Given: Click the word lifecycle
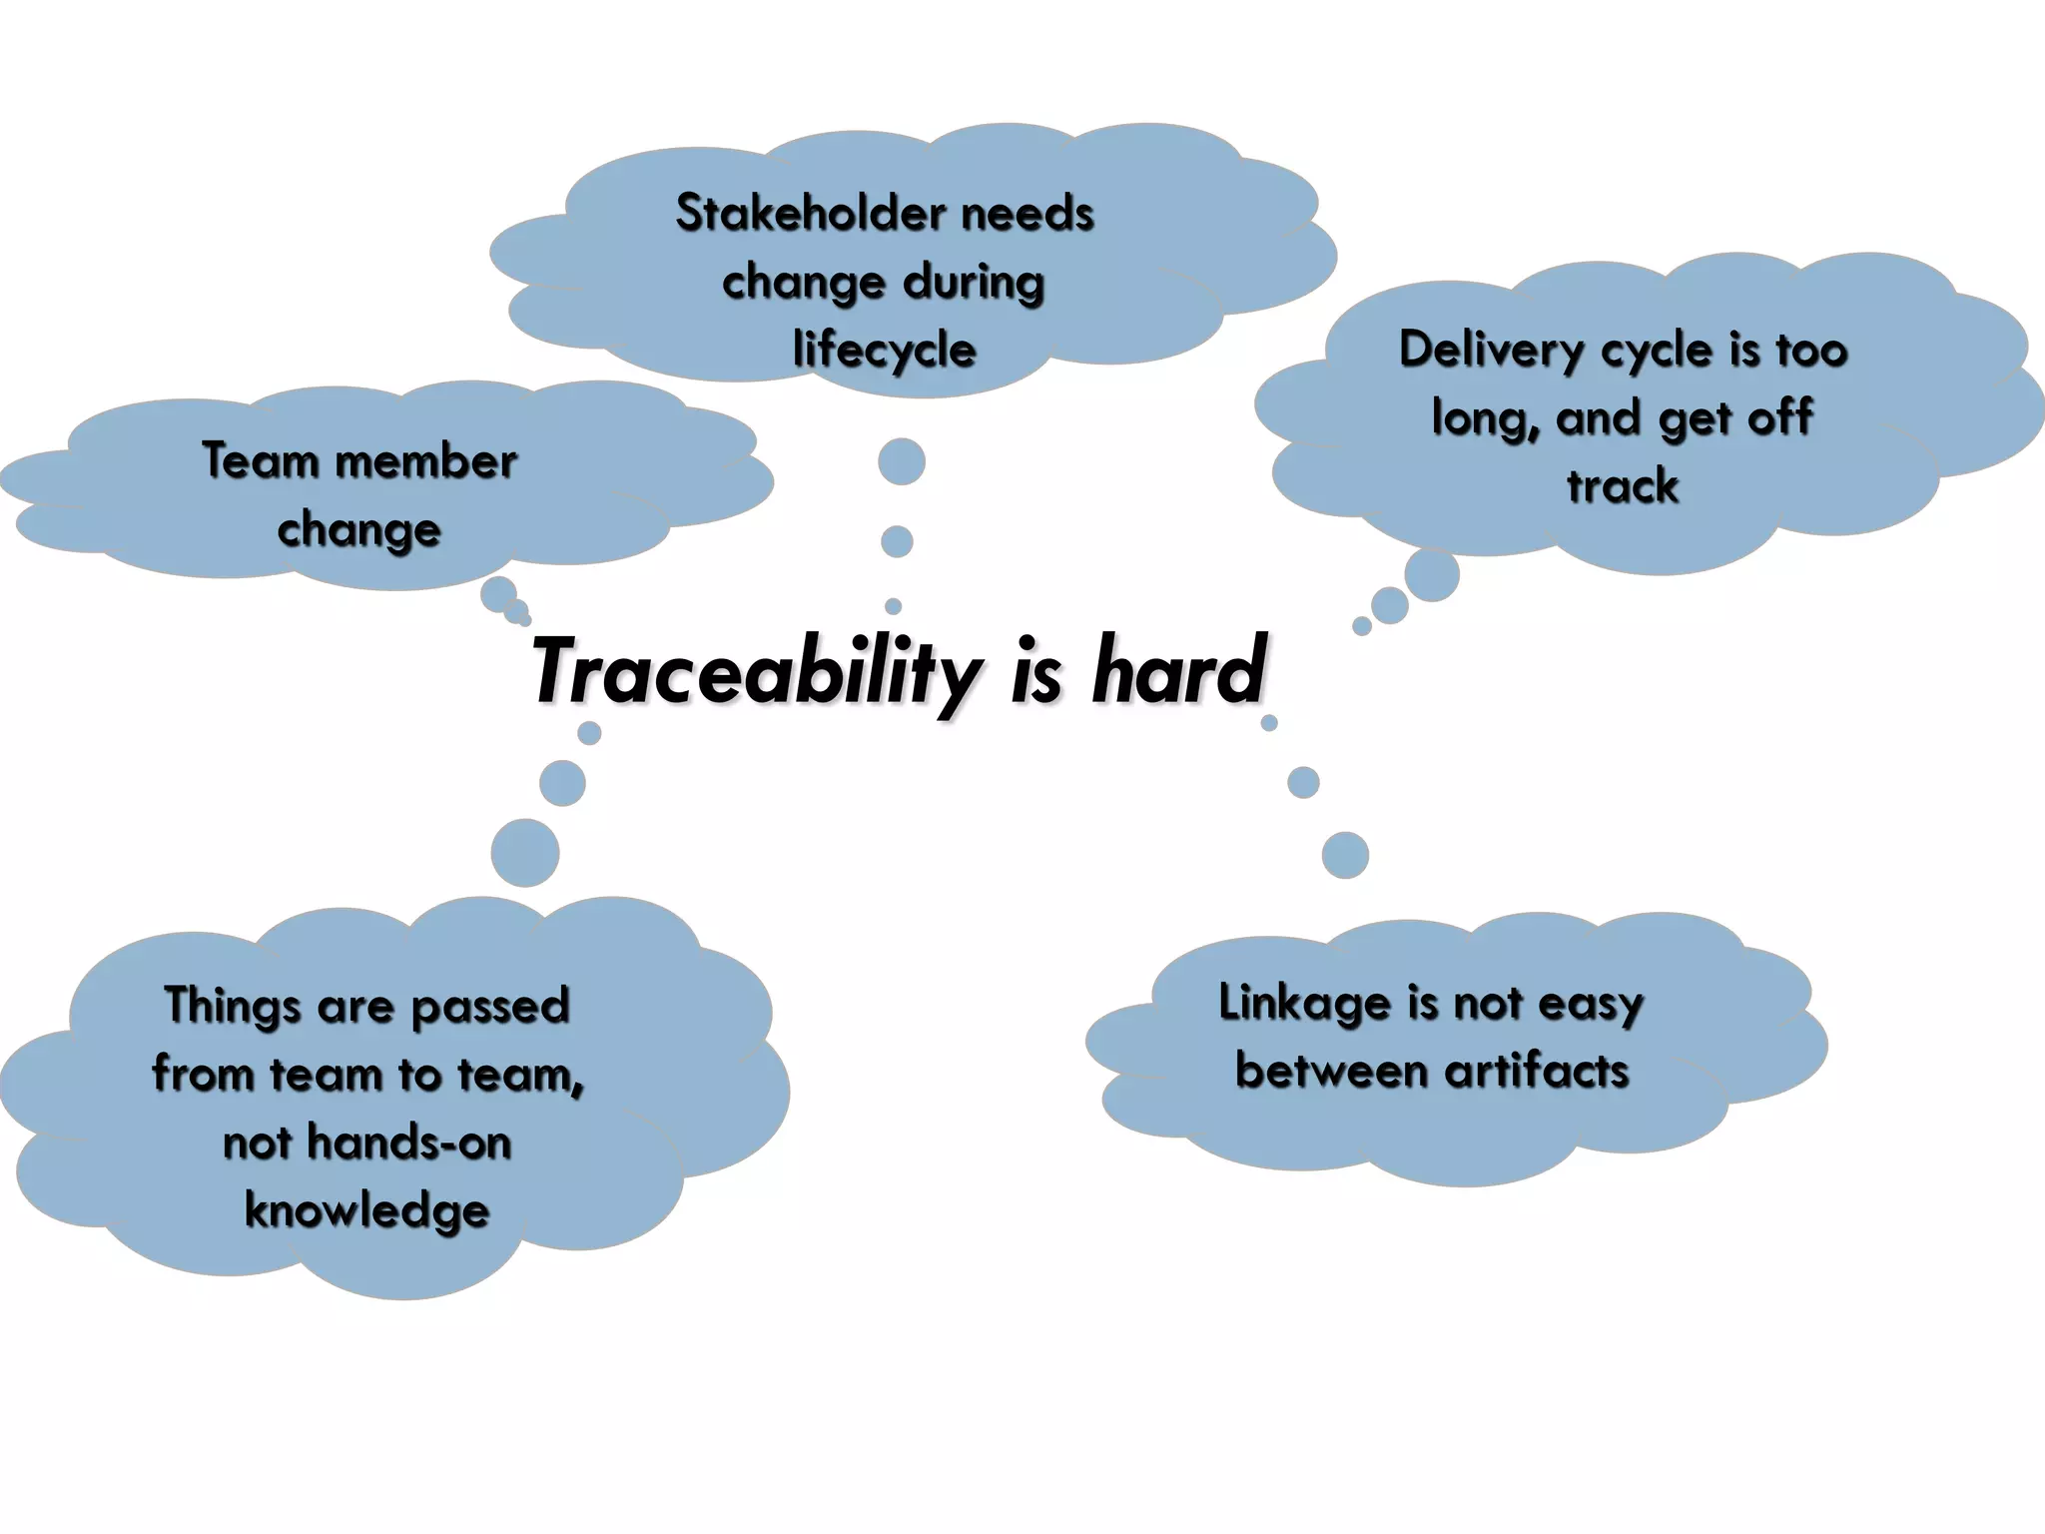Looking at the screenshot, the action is pos(885,351).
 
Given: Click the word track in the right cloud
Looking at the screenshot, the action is pos(1623,486).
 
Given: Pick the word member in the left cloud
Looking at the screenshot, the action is pos(426,461).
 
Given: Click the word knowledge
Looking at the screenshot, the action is pos(367,1210).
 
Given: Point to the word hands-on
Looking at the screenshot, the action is pos(409,1142).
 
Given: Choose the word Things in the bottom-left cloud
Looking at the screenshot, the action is pos(232,1006).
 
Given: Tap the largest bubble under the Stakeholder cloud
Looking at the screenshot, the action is pos(902,461).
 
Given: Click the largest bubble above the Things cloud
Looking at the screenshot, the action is pos(525,853).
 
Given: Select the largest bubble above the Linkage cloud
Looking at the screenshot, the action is pos(1345,855).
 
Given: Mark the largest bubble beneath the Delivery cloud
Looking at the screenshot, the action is pos(1432,574).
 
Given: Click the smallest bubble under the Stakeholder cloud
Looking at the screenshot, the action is pos(894,606).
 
